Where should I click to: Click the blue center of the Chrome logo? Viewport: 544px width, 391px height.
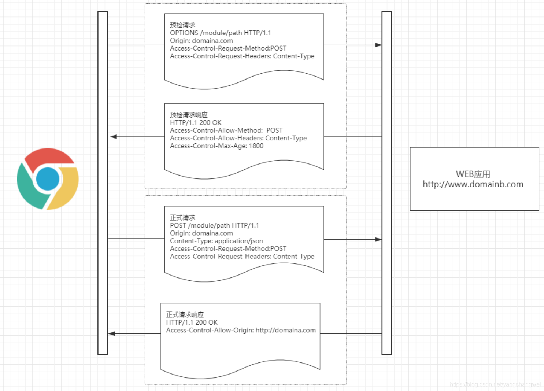(48, 179)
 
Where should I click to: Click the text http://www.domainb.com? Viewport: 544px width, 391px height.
(473, 184)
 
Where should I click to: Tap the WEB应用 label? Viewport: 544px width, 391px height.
(473, 174)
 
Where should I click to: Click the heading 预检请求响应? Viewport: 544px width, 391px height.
(189, 115)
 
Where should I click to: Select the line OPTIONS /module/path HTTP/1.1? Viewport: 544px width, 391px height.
(220, 33)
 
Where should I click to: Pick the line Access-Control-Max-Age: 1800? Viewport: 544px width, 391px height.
(217, 146)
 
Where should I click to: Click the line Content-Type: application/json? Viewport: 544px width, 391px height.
(217, 241)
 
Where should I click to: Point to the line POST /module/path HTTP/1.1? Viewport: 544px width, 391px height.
(214, 225)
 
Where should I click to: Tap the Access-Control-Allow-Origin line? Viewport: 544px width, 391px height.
(241, 330)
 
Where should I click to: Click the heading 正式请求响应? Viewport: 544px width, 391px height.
(185, 315)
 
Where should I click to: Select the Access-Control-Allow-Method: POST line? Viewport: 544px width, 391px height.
(226, 130)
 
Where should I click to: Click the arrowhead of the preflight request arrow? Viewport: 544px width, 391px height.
(378, 45)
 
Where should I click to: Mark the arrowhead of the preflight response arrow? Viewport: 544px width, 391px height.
(114, 137)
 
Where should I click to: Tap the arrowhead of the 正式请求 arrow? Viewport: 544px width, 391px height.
(378, 240)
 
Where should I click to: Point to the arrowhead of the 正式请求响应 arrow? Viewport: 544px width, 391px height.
(112, 333)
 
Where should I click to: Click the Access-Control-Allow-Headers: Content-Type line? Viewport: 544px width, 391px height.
(238, 138)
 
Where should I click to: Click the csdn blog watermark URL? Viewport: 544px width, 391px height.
(495, 384)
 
